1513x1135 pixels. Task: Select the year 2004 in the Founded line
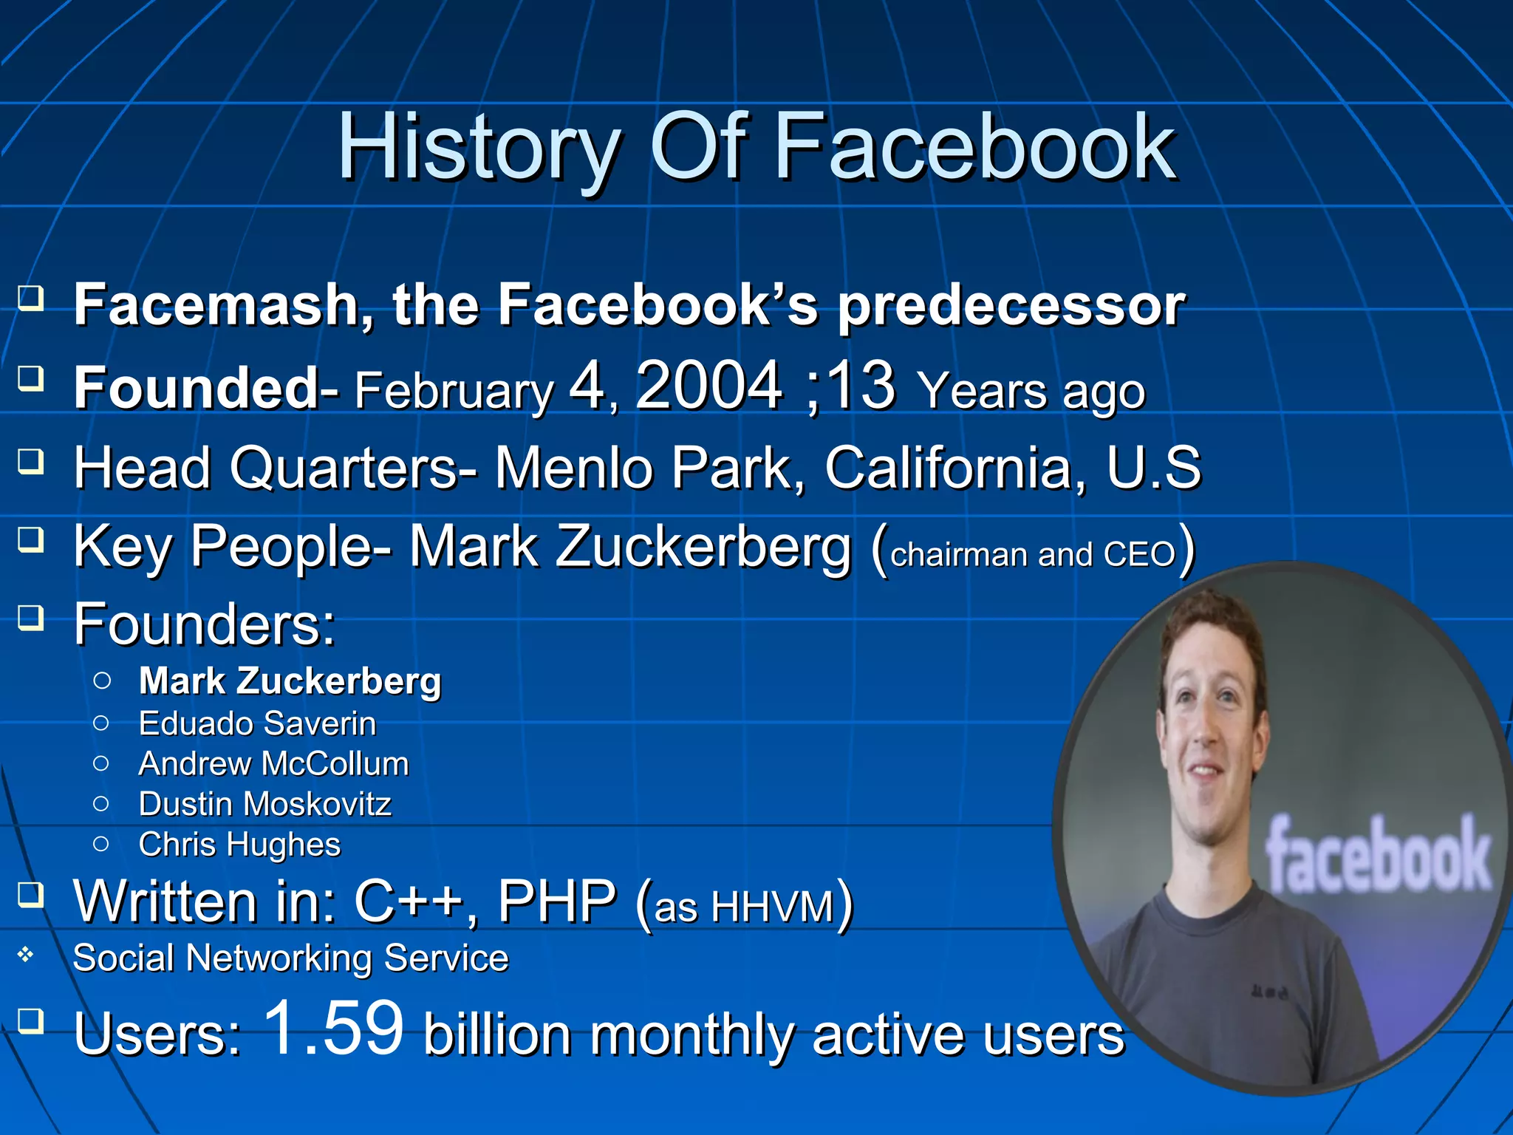(708, 386)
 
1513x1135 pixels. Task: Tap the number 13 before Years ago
(860, 386)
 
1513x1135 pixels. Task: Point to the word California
(948, 468)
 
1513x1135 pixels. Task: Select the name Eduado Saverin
(257, 723)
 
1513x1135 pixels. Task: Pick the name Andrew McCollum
(273, 764)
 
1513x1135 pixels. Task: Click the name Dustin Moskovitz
(264, 804)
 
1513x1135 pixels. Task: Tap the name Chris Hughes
(239, 845)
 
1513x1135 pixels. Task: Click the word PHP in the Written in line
(556, 902)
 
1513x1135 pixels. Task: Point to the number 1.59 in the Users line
(334, 1028)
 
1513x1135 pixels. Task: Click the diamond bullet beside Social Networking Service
(26, 955)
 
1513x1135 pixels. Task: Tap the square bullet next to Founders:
(30, 617)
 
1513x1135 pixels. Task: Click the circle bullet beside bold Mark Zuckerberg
(102, 681)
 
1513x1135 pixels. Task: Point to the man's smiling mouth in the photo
(1205, 771)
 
